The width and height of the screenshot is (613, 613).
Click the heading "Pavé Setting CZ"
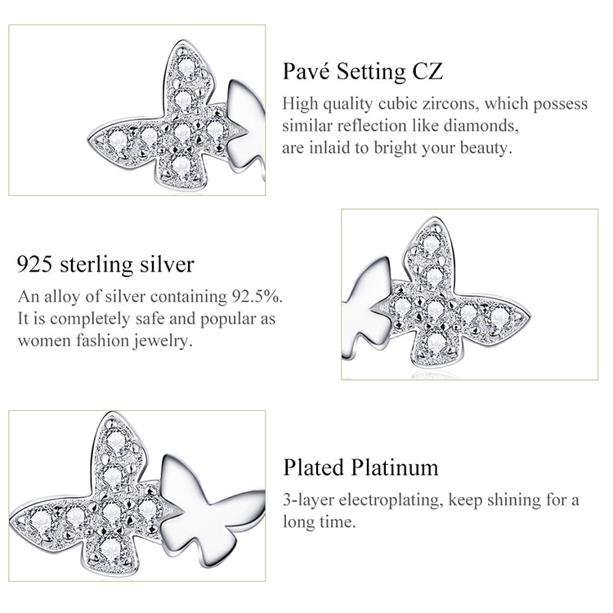tap(362, 72)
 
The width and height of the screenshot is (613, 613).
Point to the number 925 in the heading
tap(34, 264)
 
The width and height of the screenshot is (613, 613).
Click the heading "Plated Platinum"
tap(360, 468)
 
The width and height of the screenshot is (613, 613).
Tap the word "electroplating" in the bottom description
tap(391, 500)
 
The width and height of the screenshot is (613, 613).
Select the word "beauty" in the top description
tap(486, 149)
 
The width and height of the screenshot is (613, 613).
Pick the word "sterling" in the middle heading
tap(96, 265)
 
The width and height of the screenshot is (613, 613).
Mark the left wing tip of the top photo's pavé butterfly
tap(90, 139)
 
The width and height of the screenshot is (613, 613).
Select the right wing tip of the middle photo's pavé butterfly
tap(528, 314)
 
